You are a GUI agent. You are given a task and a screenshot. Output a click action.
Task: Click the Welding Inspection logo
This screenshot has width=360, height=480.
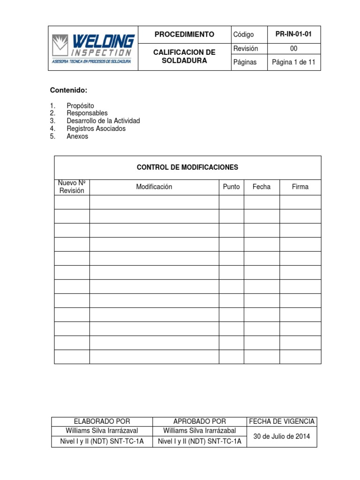coord(93,48)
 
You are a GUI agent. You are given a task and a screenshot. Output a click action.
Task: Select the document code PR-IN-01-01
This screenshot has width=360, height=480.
coord(294,34)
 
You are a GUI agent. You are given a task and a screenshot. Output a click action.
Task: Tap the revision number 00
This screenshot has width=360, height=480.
coord(294,48)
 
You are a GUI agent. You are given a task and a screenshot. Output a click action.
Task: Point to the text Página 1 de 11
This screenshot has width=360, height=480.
coord(294,62)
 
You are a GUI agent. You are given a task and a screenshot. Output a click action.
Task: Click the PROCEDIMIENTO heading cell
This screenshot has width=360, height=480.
coord(185,34)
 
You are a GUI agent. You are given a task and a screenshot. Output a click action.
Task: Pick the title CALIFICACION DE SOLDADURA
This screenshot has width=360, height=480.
coord(185,57)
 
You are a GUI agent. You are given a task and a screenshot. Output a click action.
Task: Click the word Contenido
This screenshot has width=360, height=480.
coord(69,90)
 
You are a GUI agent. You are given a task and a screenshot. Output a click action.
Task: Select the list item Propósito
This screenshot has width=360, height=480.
coord(80,106)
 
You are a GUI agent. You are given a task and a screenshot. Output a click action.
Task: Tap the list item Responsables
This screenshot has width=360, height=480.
coord(87,113)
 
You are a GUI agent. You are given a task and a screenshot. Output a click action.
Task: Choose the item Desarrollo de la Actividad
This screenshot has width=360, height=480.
coord(103,121)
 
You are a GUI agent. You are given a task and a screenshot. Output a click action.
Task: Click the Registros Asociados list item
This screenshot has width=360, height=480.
coord(96,128)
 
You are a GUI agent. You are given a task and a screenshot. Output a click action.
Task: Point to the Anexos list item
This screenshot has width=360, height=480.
coord(77,136)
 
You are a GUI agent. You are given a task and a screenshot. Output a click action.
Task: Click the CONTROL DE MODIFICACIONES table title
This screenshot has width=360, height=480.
coord(187,167)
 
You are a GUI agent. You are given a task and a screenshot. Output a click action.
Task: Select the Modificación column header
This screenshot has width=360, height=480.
coord(154,187)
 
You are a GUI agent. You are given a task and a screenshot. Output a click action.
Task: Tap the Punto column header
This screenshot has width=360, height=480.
coord(231,187)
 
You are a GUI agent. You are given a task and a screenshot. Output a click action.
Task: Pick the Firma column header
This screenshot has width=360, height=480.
coord(300,187)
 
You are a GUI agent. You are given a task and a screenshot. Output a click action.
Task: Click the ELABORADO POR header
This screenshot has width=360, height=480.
coord(102,421)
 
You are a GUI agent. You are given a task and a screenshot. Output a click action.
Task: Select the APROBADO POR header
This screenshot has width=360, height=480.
coord(200,421)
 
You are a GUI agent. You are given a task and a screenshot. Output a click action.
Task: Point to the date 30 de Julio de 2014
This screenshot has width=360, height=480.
coord(282,436)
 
